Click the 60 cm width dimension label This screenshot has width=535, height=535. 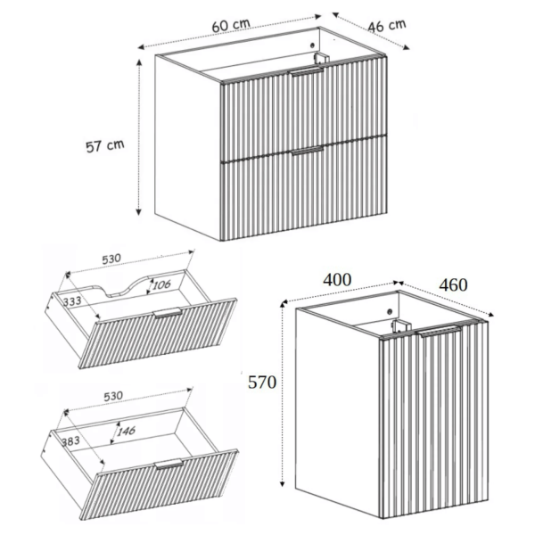[231, 25]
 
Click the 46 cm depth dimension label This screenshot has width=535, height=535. [387, 26]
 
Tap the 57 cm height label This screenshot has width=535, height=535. [104, 145]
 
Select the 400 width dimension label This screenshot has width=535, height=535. [337, 280]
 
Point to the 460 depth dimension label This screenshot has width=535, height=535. [453, 285]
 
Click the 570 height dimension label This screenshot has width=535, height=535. [262, 383]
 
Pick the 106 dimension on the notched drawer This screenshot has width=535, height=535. [161, 284]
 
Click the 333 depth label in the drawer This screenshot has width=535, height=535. [72, 301]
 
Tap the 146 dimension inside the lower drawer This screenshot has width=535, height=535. [127, 431]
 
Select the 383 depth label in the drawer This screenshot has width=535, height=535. [70, 441]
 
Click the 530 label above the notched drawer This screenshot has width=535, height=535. [111, 259]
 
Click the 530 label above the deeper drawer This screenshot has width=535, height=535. [113, 396]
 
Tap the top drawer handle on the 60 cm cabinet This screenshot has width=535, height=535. [306, 70]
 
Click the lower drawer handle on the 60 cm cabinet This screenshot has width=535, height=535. [307, 151]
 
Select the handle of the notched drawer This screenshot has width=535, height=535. [168, 313]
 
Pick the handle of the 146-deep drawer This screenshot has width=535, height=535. [169, 464]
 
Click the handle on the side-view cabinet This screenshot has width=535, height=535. [440, 331]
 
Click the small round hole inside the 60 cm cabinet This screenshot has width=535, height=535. [311, 45]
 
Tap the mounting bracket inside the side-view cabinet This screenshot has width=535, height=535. [399, 326]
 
